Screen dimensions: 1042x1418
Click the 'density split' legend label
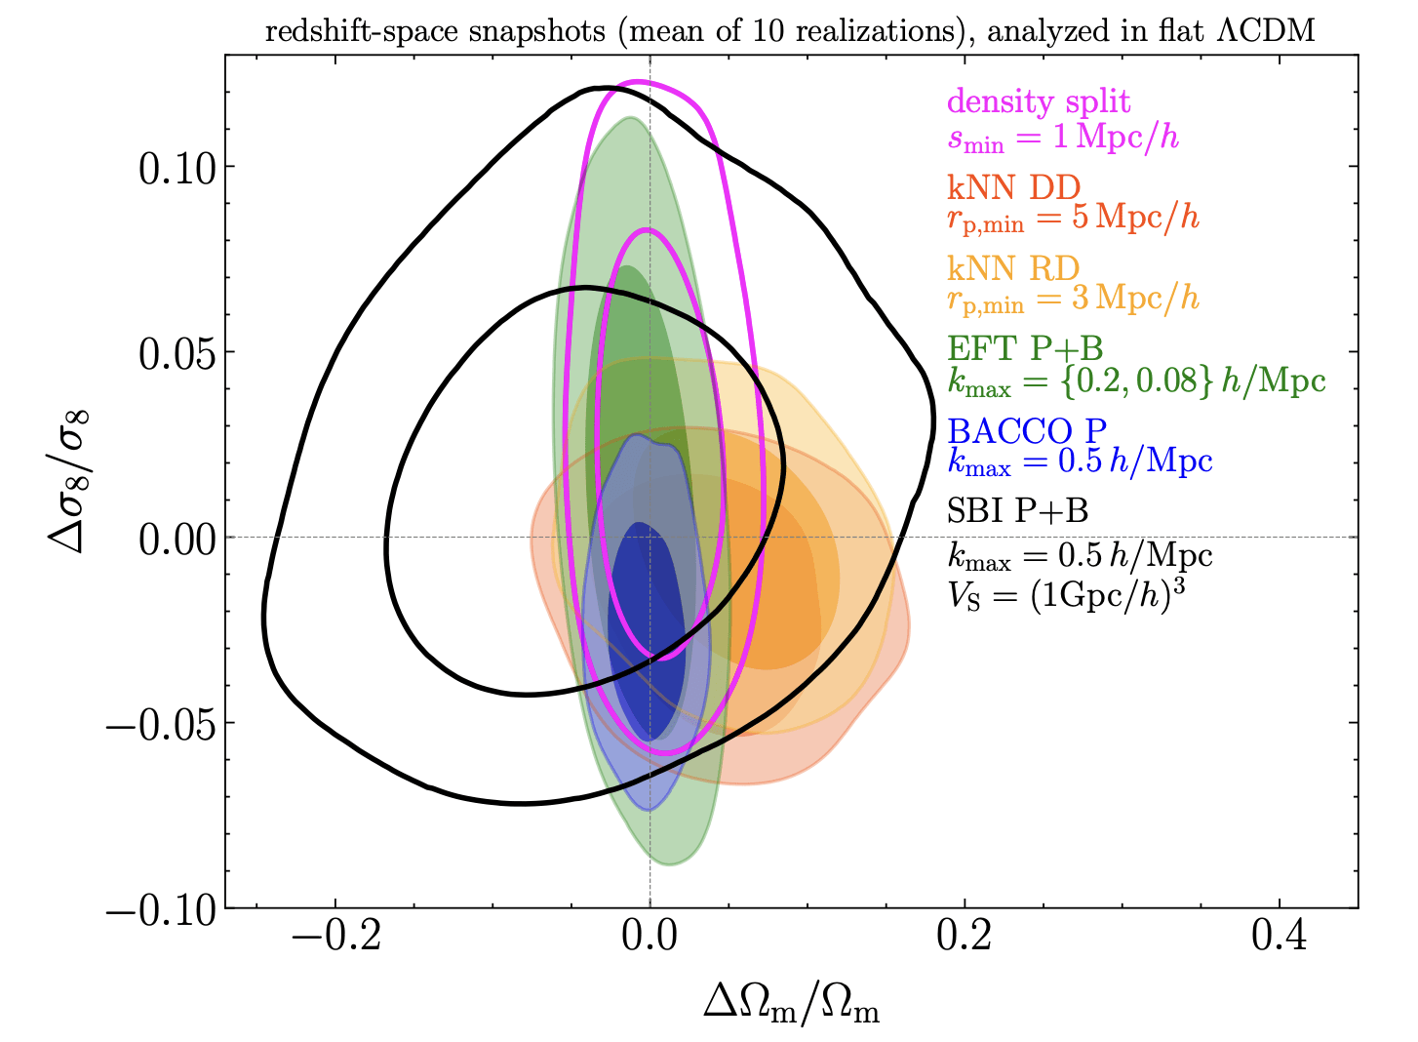pyautogui.click(x=1038, y=101)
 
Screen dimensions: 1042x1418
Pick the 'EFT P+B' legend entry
pyautogui.click(x=1025, y=348)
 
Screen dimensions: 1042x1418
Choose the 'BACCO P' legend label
pyautogui.click(x=1027, y=429)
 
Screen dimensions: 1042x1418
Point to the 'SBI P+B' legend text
pyautogui.click(x=1018, y=510)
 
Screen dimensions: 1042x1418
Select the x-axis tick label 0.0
pyautogui.click(x=650, y=937)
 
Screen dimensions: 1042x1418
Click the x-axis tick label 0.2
pyautogui.click(x=965, y=937)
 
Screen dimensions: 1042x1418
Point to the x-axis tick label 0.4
pyautogui.click(x=1280, y=937)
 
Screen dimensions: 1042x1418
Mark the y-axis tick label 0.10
pyautogui.click(x=177, y=168)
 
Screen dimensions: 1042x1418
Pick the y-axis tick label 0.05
pyautogui.click(x=177, y=353)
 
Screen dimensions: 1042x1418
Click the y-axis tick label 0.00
pyautogui.click(x=177, y=539)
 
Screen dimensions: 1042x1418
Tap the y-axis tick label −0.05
pyautogui.click(x=162, y=724)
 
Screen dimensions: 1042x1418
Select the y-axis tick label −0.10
pyautogui.click(x=162, y=909)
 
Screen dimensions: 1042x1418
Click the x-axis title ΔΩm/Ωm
pyautogui.click(x=791, y=1005)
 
